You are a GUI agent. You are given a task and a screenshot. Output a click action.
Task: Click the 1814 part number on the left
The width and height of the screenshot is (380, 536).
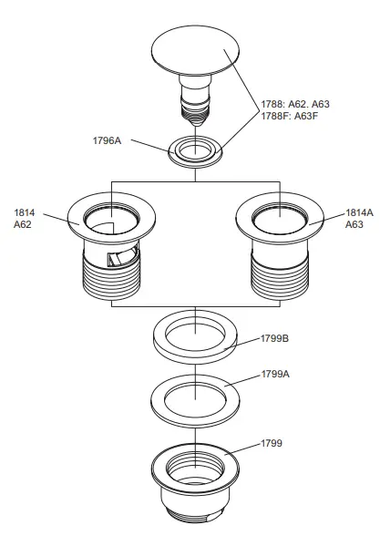24,212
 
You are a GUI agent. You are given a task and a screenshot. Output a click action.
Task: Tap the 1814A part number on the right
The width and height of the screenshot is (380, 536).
358,212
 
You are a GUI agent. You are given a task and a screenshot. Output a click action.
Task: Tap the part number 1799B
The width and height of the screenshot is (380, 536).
274,337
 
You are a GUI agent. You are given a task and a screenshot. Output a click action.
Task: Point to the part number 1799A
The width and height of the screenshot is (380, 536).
274,375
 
